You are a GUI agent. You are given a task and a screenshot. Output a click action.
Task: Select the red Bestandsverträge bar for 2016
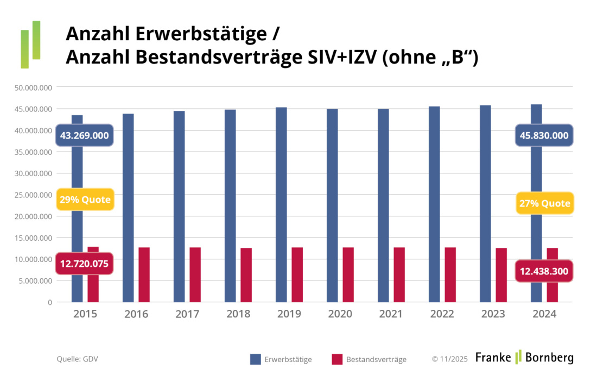[144, 275]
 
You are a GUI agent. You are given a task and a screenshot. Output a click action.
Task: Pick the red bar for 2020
[348, 275]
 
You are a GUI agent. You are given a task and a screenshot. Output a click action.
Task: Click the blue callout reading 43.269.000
[84, 135]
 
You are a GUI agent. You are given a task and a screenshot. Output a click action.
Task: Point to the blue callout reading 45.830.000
[544, 135]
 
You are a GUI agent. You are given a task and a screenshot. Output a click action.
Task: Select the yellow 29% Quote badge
[85, 200]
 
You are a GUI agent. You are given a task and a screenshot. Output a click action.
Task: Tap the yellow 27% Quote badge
[544, 203]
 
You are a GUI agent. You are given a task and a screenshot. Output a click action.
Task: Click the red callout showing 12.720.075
[84, 264]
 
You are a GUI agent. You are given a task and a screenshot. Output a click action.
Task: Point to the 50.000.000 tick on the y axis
[34, 88]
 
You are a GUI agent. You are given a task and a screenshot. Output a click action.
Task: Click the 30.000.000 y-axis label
[34, 173]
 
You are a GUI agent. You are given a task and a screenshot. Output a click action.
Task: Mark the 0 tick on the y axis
[49, 302]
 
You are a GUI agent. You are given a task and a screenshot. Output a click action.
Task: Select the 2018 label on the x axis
[238, 314]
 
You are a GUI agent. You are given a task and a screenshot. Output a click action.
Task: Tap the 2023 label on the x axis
[493, 314]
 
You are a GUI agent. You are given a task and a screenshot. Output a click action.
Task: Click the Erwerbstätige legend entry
[281, 359]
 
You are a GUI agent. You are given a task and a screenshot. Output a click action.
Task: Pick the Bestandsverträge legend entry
[369, 359]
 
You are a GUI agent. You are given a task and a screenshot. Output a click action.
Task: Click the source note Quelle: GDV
[77, 359]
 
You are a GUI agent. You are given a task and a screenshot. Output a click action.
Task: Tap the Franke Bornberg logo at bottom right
[524, 358]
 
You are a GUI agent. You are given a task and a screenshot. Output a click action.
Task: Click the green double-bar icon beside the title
[30, 45]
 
